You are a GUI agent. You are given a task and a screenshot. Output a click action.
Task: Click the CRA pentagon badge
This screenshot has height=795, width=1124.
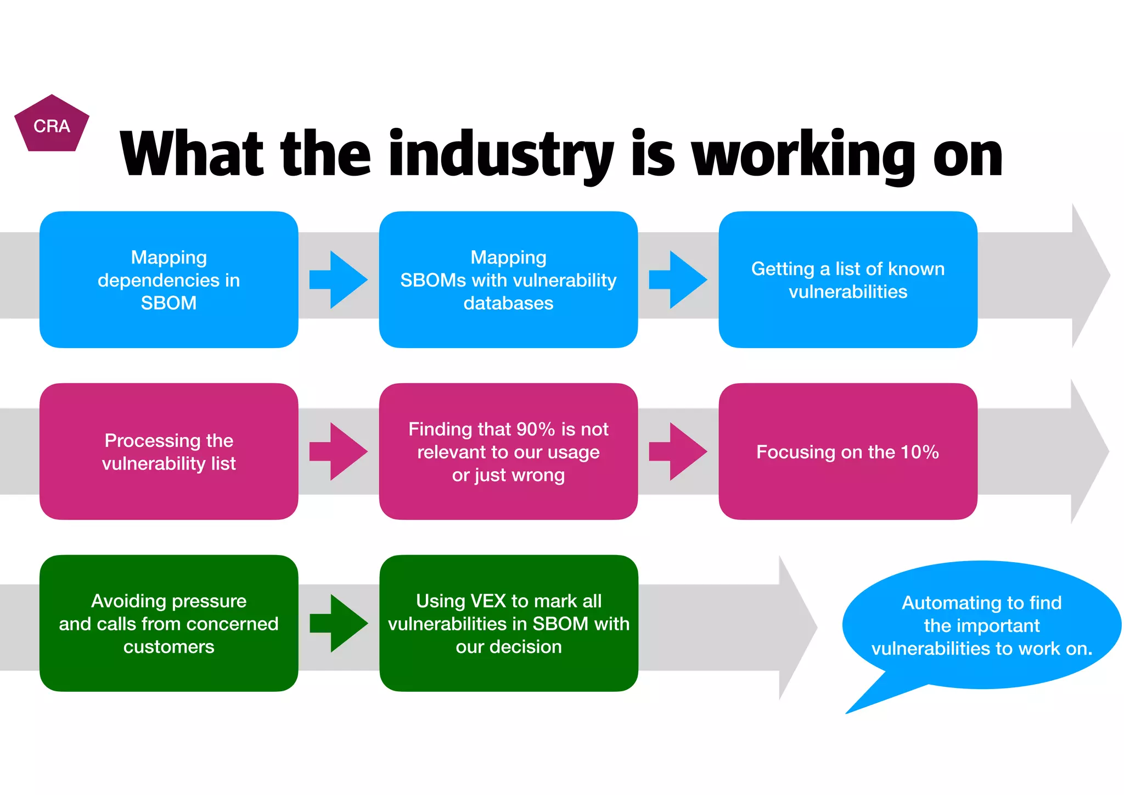(52, 125)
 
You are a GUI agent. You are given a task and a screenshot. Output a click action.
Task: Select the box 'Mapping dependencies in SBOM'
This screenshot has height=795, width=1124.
(168, 279)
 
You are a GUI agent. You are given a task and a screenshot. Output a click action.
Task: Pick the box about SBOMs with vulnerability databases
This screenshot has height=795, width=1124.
(508, 279)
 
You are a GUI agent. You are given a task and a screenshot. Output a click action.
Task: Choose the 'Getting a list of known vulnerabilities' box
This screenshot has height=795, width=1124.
(847, 279)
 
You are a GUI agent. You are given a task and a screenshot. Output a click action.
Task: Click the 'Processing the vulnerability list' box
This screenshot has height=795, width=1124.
(168, 451)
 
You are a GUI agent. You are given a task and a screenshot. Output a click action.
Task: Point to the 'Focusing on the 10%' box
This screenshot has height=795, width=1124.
(847, 451)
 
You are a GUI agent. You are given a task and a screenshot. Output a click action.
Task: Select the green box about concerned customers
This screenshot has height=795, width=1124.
(168, 623)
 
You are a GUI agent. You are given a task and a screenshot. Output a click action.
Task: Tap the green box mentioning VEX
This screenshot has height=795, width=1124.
(508, 623)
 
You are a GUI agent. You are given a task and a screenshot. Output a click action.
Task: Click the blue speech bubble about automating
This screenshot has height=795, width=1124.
(981, 625)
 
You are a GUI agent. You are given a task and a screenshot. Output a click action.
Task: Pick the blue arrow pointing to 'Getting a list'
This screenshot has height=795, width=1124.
(678, 279)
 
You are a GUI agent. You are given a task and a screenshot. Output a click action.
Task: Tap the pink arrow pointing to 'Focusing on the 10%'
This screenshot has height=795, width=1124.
(678, 451)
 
